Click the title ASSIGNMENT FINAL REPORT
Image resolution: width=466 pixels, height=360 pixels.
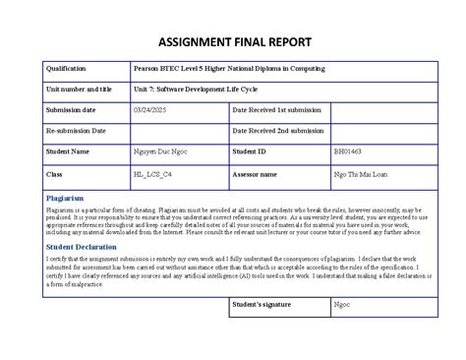(x=233, y=42)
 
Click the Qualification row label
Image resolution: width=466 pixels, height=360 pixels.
(x=66, y=69)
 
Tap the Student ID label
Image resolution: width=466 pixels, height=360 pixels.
(x=249, y=151)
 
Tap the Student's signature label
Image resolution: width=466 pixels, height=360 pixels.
(x=262, y=305)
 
